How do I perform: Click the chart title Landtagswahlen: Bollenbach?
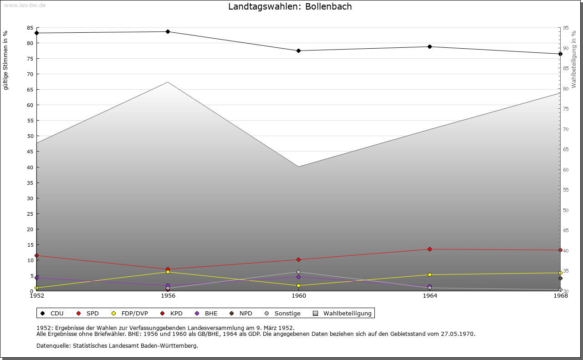pyautogui.click(x=290, y=7)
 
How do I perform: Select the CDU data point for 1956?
pyautogui.click(x=168, y=31)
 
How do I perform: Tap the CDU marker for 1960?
pyautogui.click(x=298, y=51)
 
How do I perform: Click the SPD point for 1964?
pyautogui.click(x=430, y=249)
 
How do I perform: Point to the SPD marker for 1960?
pyautogui.click(x=298, y=259)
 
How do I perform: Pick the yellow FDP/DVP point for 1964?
pyautogui.click(x=430, y=274)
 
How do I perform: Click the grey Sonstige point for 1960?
pyautogui.click(x=298, y=272)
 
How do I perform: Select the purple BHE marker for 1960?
pyautogui.click(x=298, y=277)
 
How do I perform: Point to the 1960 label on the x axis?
pyautogui.click(x=299, y=296)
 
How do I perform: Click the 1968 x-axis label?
pyautogui.click(x=560, y=296)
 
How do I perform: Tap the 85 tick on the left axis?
pyautogui.click(x=30, y=28)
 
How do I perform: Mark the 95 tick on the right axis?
pyautogui.click(x=566, y=28)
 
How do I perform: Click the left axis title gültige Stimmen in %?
pyautogui.click(x=6, y=60)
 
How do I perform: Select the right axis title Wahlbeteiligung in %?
pyautogui.click(x=574, y=60)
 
